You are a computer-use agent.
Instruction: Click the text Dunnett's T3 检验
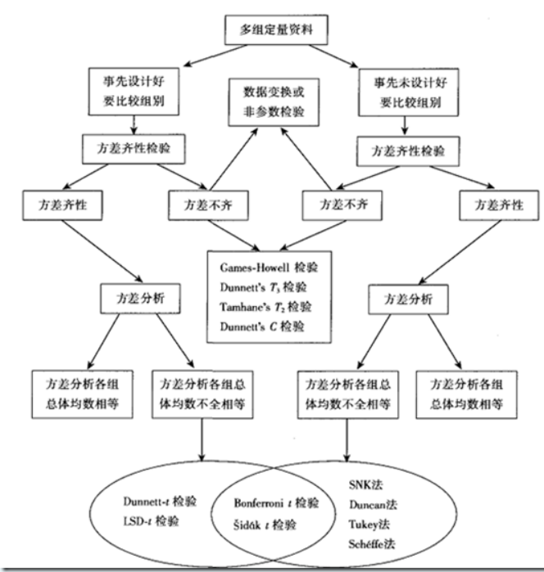pos(263,287)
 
